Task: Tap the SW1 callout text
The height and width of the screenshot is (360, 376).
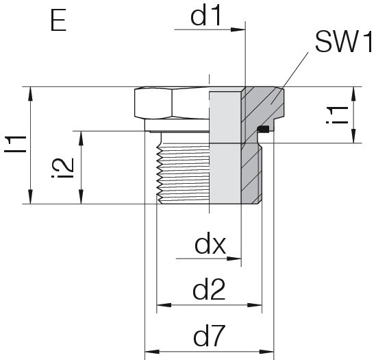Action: click(344, 43)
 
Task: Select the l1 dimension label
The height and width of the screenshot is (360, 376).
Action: click(15, 144)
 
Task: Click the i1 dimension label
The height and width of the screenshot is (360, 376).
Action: click(338, 115)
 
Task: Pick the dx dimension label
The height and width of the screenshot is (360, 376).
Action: click(210, 243)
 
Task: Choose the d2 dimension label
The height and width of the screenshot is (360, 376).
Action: click(209, 289)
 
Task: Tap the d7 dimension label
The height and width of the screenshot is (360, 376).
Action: click(210, 336)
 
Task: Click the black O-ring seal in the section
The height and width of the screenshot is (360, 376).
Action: click(262, 129)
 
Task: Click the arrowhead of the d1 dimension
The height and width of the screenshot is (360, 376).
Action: click(238, 29)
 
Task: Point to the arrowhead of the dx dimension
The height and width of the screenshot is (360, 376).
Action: click(234, 259)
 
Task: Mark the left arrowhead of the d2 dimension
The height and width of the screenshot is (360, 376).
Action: click(164, 305)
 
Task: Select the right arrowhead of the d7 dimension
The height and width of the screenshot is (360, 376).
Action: click(266, 352)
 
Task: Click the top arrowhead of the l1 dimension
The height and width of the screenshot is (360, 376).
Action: click(30, 94)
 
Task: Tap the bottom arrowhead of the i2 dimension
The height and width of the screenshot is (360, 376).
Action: click(82, 196)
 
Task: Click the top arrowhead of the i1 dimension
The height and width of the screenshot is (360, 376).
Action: click(353, 94)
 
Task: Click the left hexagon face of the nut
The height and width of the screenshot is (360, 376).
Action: click(153, 104)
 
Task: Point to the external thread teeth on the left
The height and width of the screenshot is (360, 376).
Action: click(159, 172)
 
